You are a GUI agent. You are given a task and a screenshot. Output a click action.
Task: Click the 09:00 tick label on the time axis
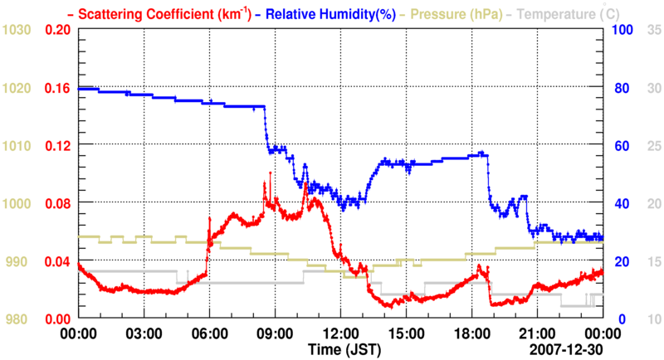click(x=274, y=332)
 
